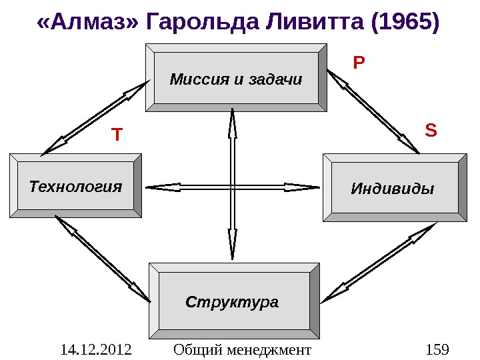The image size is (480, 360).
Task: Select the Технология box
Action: tap(75, 185)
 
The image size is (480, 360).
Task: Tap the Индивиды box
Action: tap(394, 187)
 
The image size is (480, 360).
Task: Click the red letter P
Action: tap(359, 63)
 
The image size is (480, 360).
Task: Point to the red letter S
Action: tap(431, 129)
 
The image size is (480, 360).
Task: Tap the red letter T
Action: tap(117, 135)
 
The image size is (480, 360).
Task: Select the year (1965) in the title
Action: tap(403, 23)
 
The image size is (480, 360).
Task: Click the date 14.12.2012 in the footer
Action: tap(95, 349)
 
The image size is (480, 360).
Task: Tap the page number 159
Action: tap(436, 349)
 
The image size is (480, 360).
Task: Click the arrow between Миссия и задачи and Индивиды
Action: tap(373, 111)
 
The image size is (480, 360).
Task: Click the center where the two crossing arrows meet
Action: tap(233, 187)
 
